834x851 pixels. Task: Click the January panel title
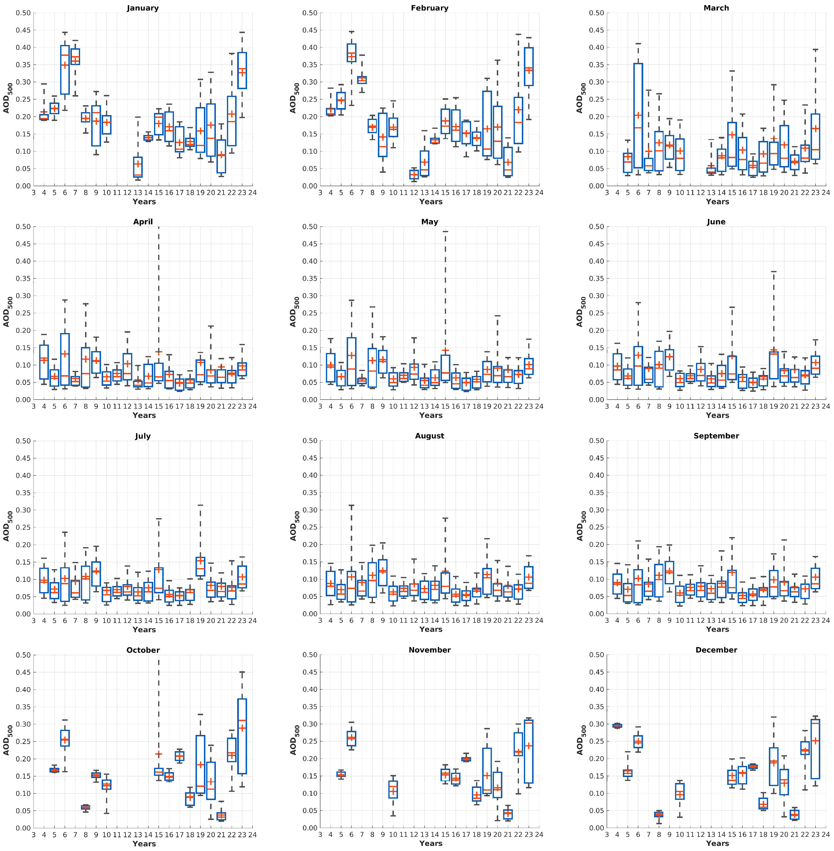(x=143, y=8)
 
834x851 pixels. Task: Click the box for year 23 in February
(x=529, y=67)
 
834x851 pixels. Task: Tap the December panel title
(x=716, y=650)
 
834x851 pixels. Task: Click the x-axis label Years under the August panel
(x=431, y=629)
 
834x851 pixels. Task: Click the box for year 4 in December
(x=617, y=726)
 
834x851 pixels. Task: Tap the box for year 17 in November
(x=466, y=759)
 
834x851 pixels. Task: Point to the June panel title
(x=716, y=222)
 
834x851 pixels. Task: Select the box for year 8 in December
(x=659, y=814)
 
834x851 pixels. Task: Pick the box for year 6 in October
(x=65, y=738)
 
